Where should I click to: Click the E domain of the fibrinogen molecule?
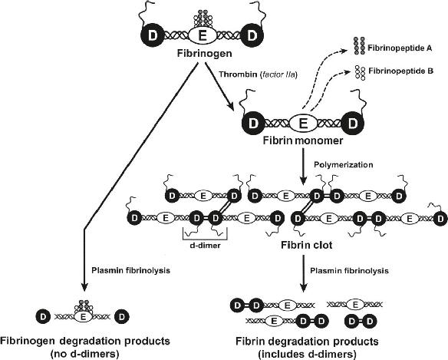(202, 36)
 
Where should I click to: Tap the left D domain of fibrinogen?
(153, 36)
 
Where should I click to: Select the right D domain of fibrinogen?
(252, 36)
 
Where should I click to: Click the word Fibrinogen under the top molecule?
(205, 54)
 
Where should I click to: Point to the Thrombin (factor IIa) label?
(259, 74)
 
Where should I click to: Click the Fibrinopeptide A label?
(400, 48)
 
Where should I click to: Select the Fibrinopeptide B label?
(401, 71)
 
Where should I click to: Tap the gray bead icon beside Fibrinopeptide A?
(359, 46)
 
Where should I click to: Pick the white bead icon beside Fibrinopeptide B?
(360, 73)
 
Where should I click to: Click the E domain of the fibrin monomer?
(303, 124)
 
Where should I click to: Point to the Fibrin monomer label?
(303, 140)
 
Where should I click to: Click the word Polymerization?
(344, 165)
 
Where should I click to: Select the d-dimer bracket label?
(205, 246)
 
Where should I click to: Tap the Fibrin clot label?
(307, 245)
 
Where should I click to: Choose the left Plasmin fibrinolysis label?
(130, 270)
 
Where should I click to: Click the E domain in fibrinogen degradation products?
(83, 316)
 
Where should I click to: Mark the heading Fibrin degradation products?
(307, 342)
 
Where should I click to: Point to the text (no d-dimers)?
(84, 355)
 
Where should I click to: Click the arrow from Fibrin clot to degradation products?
(303, 274)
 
